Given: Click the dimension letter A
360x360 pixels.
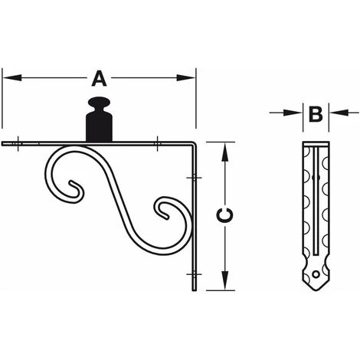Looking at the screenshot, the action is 99,79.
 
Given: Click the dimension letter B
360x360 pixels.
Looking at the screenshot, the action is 316,114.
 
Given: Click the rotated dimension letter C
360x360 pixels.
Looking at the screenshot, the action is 224,214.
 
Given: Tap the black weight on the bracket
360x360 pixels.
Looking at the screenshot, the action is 99,119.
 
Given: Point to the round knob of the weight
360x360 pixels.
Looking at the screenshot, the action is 99,102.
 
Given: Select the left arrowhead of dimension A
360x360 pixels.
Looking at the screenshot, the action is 11,78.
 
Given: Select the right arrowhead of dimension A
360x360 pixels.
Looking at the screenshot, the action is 186,78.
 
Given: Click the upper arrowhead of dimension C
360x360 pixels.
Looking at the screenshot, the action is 224,152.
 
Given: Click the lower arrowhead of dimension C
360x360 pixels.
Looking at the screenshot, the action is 224,280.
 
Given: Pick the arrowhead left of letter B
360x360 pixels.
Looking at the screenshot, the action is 293,113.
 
